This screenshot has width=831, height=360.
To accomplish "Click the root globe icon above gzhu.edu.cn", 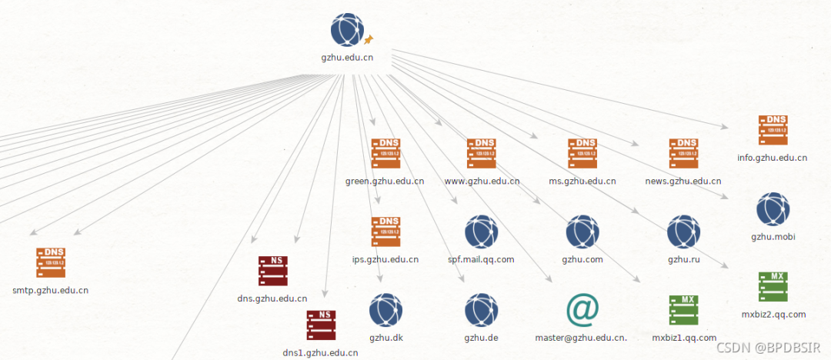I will tap(347, 30).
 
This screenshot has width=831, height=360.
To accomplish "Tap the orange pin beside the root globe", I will tap(368, 38).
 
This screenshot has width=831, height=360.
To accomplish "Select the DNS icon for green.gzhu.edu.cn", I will tap(385, 154).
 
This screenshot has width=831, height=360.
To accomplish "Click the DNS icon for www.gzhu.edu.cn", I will tap(482, 154).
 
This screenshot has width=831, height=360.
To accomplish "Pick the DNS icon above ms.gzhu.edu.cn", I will tap(582, 154).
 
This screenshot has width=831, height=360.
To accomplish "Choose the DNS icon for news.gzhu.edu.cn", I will tap(683, 154).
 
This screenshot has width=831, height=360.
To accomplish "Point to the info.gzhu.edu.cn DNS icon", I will tap(773, 131).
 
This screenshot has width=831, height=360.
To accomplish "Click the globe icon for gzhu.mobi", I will tap(773, 209).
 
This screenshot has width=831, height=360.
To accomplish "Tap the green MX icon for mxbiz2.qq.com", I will tap(773, 286).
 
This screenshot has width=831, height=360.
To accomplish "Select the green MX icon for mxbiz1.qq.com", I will tap(684, 310).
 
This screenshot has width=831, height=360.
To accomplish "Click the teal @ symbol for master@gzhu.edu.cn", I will tap(582, 309).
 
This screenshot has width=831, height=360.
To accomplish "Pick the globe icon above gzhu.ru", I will tap(683, 232).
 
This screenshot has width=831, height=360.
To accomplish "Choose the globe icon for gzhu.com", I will tap(582, 232).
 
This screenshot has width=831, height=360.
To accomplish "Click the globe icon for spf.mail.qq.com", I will tap(482, 232).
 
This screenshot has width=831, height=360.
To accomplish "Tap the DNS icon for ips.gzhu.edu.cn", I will tap(385, 232).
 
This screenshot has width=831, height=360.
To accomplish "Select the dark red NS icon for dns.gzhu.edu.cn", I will tap(272, 271).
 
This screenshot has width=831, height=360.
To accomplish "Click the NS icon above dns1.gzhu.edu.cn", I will tap(321, 325).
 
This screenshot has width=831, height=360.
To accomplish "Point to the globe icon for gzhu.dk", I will tap(385, 309).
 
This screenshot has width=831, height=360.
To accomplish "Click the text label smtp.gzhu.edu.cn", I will tap(51, 291).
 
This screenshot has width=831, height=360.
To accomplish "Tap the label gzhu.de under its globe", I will tap(482, 337).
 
